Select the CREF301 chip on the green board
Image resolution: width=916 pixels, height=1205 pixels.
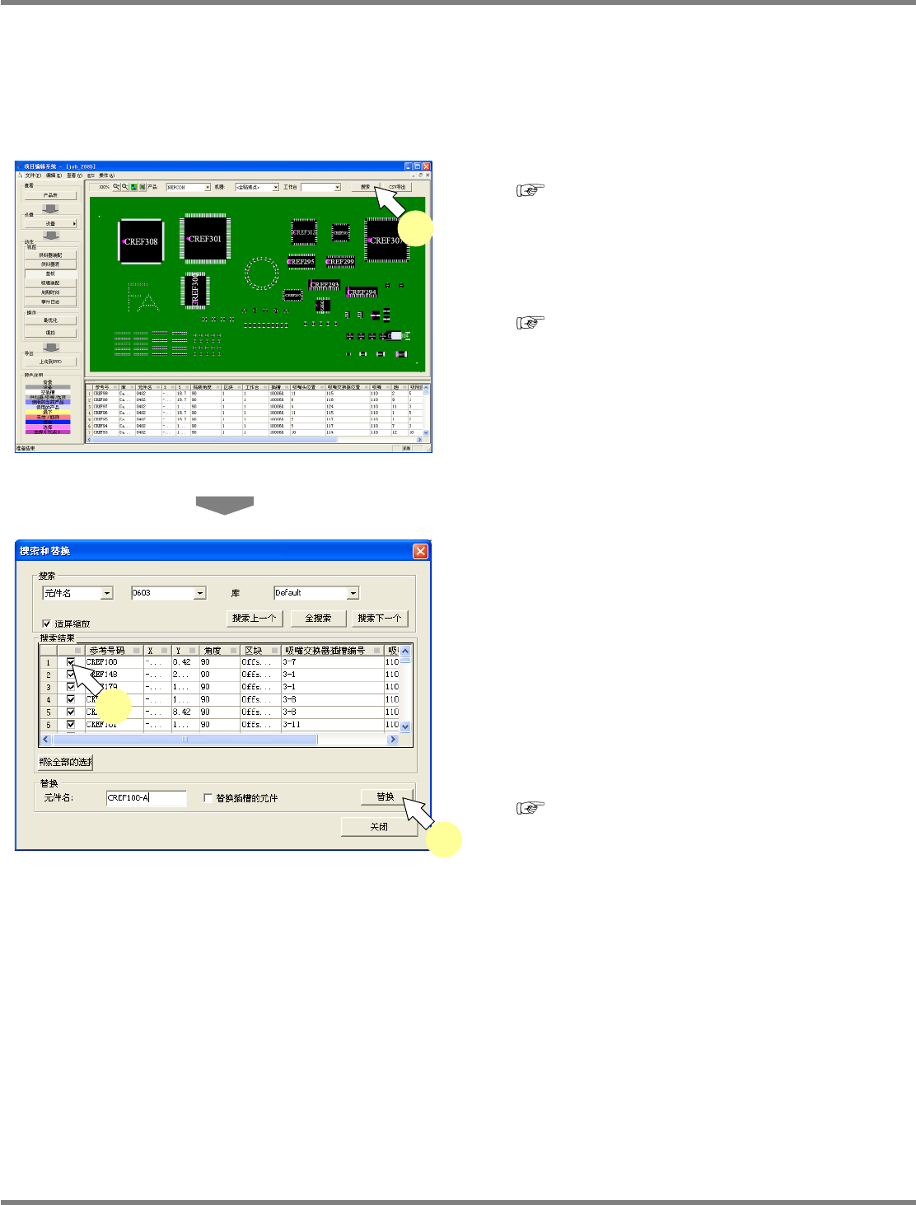pos(204,239)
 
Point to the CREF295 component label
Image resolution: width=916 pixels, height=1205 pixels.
pos(301,262)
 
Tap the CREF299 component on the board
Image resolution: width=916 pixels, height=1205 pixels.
pos(339,262)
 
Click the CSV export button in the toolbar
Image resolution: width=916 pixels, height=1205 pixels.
pos(397,187)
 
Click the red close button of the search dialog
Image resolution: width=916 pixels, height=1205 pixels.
pos(420,551)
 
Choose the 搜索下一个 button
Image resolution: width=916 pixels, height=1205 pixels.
pos(380,618)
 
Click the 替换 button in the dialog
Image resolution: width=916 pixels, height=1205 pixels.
pos(385,796)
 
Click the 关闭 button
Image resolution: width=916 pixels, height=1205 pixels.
pos(379,826)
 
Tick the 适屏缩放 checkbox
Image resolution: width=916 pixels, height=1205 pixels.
pos(47,624)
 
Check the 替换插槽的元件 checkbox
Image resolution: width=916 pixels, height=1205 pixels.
pos(208,797)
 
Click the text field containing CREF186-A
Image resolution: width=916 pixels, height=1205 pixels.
pos(146,797)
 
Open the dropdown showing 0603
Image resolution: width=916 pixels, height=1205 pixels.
pos(200,593)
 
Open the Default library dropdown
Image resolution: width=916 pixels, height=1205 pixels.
pos(353,593)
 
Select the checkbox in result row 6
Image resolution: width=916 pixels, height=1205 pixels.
pos(71,725)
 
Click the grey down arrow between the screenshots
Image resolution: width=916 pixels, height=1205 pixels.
pos(224,505)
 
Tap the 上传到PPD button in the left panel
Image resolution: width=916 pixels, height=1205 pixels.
pos(50,362)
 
